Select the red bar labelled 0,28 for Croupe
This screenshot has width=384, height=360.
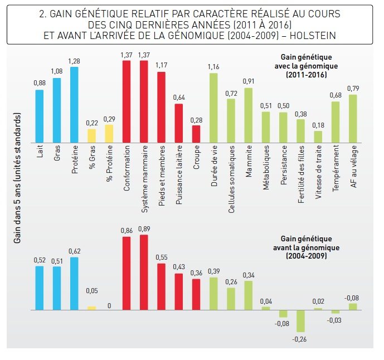196,134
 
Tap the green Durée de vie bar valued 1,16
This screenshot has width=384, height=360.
213,108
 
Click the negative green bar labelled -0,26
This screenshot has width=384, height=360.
301,320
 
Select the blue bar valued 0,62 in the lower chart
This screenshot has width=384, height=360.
74,283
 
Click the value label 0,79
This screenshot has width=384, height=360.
353,89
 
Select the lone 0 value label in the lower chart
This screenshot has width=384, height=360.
109,305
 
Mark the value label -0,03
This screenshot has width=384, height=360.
336,319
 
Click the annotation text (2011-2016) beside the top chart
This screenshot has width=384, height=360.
307,74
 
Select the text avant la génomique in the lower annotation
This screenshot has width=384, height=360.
307,247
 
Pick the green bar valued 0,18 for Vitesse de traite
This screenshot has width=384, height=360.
318,137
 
